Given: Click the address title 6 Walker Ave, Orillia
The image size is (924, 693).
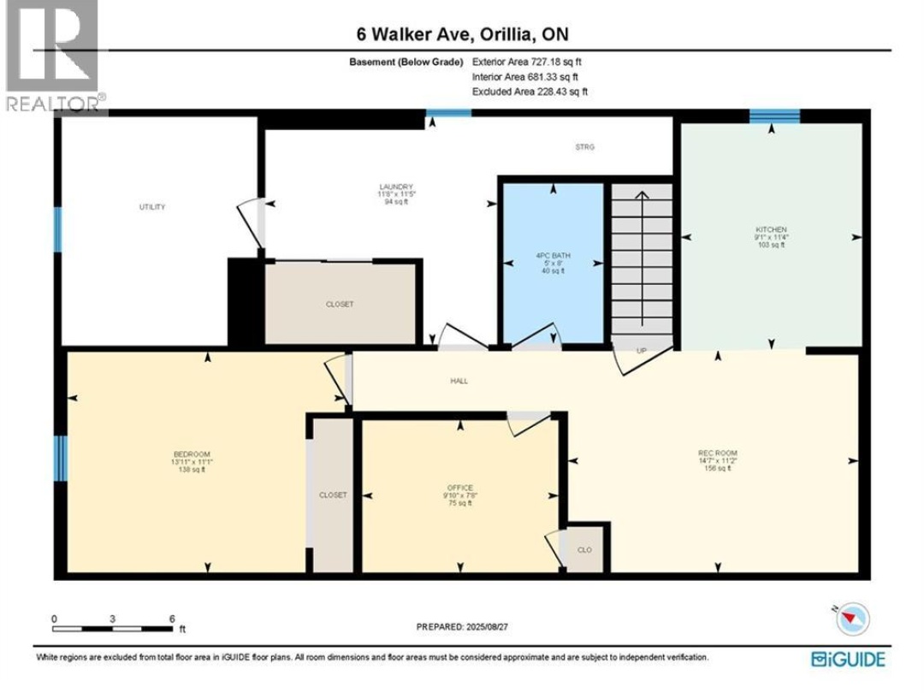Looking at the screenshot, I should coord(462,34).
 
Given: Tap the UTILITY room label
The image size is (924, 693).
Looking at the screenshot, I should coord(152,207).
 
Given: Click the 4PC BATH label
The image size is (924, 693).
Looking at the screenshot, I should coord(552,255).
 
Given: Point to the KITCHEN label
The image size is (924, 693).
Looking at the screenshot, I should coord(771,230).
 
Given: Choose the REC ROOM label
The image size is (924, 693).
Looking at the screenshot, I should coord(717,453).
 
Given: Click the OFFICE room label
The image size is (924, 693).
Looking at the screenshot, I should coord(460,488).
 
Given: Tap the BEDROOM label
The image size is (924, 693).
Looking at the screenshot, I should coord(192,454).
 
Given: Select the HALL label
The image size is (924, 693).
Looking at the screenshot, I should coord(459,381).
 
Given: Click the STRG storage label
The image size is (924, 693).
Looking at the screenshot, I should coord(584,147).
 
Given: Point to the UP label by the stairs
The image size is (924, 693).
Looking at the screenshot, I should coord(641,351).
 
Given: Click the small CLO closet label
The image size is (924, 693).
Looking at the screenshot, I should coord(584,550).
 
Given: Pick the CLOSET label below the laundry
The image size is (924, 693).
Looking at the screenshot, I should coord(339,304).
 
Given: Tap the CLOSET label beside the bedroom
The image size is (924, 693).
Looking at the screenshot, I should coord(333,495).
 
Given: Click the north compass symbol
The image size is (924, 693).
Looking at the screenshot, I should coord(852,618).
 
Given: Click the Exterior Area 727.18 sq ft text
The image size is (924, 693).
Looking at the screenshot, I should coord(527,62).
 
